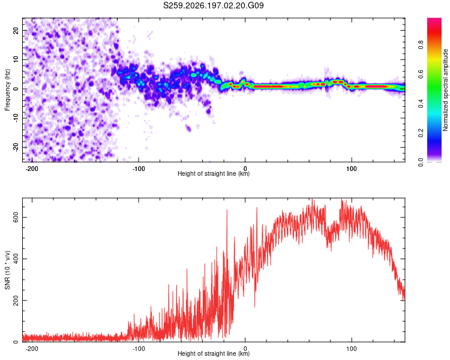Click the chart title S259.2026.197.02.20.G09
(x=213, y=5)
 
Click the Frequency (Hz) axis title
(x=7, y=90)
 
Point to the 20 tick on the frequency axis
(x=16, y=30)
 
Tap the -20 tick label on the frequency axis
(x=16, y=148)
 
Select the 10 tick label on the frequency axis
(x=16, y=59)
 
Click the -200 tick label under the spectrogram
(x=32, y=169)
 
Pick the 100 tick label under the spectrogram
(x=351, y=169)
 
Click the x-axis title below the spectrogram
(x=214, y=173)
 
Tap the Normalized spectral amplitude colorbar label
(x=445, y=90)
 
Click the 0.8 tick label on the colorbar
(x=421, y=45)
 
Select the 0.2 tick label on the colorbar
(x=421, y=133)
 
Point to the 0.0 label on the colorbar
(x=421, y=162)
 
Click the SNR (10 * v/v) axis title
(x=7, y=270)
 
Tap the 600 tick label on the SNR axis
(x=16, y=217)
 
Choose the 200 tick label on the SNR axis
(x=16, y=300)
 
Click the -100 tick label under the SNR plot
(x=139, y=349)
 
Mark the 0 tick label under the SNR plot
(x=245, y=349)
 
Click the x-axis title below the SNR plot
(x=214, y=353)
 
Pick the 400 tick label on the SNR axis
(x=16, y=259)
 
